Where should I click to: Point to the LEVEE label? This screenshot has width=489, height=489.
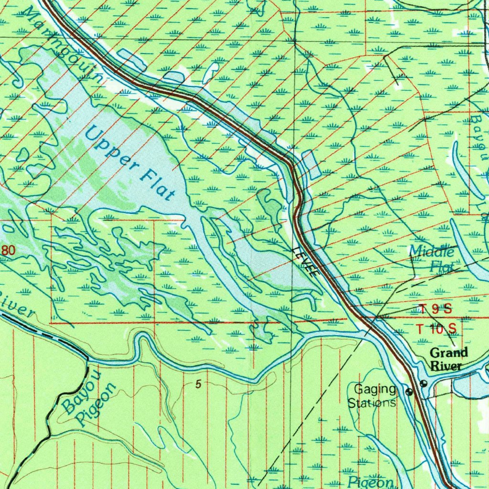point(306,263)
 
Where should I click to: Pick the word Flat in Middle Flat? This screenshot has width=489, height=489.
point(442,266)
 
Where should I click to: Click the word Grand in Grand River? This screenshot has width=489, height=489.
point(448,353)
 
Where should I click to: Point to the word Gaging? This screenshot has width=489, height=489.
point(375,389)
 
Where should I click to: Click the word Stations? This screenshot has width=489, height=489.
point(372,403)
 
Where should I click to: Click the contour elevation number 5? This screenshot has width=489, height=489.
point(198,384)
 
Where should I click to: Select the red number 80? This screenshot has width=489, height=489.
point(8,250)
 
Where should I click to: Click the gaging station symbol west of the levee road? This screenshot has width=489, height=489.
point(409,392)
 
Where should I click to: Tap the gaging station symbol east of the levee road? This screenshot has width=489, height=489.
point(424,383)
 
